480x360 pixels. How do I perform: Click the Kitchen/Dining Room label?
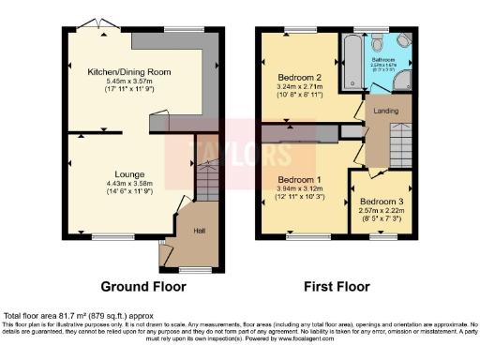tap(123, 71)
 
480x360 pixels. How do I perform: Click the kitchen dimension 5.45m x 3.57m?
tap(123, 82)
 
